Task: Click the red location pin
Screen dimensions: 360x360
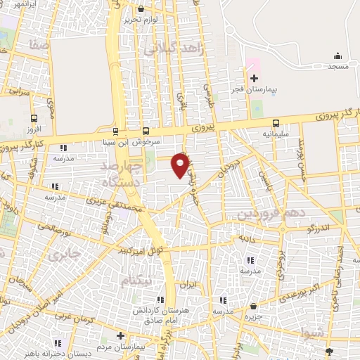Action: [181, 165]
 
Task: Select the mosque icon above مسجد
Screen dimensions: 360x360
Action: [337, 56]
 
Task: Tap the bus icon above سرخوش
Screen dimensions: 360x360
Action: [146, 130]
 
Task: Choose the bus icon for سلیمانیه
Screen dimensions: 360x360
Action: [276, 122]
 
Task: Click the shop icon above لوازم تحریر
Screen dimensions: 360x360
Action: [143, 9]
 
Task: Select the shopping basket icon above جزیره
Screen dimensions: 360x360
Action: [253, 306]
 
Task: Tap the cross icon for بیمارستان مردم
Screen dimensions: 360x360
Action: [120, 335]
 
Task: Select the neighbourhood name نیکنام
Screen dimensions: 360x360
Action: [136, 280]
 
